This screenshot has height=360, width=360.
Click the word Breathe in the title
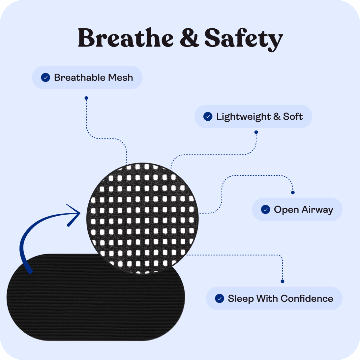126,38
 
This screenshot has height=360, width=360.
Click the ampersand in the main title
189,38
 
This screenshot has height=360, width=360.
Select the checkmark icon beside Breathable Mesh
45,77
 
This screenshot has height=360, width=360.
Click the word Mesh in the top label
120,77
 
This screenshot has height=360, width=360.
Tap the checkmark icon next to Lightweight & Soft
208,116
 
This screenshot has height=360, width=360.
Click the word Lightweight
243,117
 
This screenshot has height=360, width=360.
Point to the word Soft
293,116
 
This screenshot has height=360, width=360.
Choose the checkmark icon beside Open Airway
265,209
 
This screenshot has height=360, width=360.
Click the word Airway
317,210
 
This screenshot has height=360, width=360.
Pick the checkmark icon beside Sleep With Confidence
220,298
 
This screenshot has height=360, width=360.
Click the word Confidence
307,298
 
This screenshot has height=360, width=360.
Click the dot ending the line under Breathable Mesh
86,98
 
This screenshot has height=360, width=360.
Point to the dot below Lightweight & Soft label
256,132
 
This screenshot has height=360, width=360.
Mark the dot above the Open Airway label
293,193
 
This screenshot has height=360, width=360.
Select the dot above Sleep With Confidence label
283,281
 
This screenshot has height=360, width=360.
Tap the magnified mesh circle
142,218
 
